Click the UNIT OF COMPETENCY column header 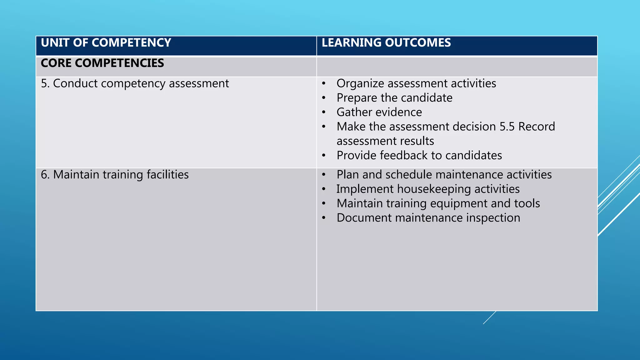[x=106, y=43]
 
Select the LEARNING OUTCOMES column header [x=386, y=43]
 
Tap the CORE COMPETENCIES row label [x=102, y=63]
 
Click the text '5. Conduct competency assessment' [x=135, y=84]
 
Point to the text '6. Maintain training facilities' [x=115, y=175]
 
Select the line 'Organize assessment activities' [x=416, y=84]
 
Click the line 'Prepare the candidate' [x=394, y=98]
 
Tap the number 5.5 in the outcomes [x=507, y=127]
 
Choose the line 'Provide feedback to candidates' [x=419, y=156]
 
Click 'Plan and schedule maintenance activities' [x=444, y=175]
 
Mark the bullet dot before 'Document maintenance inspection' [x=324, y=218]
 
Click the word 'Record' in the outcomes [x=537, y=127]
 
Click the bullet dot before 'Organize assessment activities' [x=324, y=84]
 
